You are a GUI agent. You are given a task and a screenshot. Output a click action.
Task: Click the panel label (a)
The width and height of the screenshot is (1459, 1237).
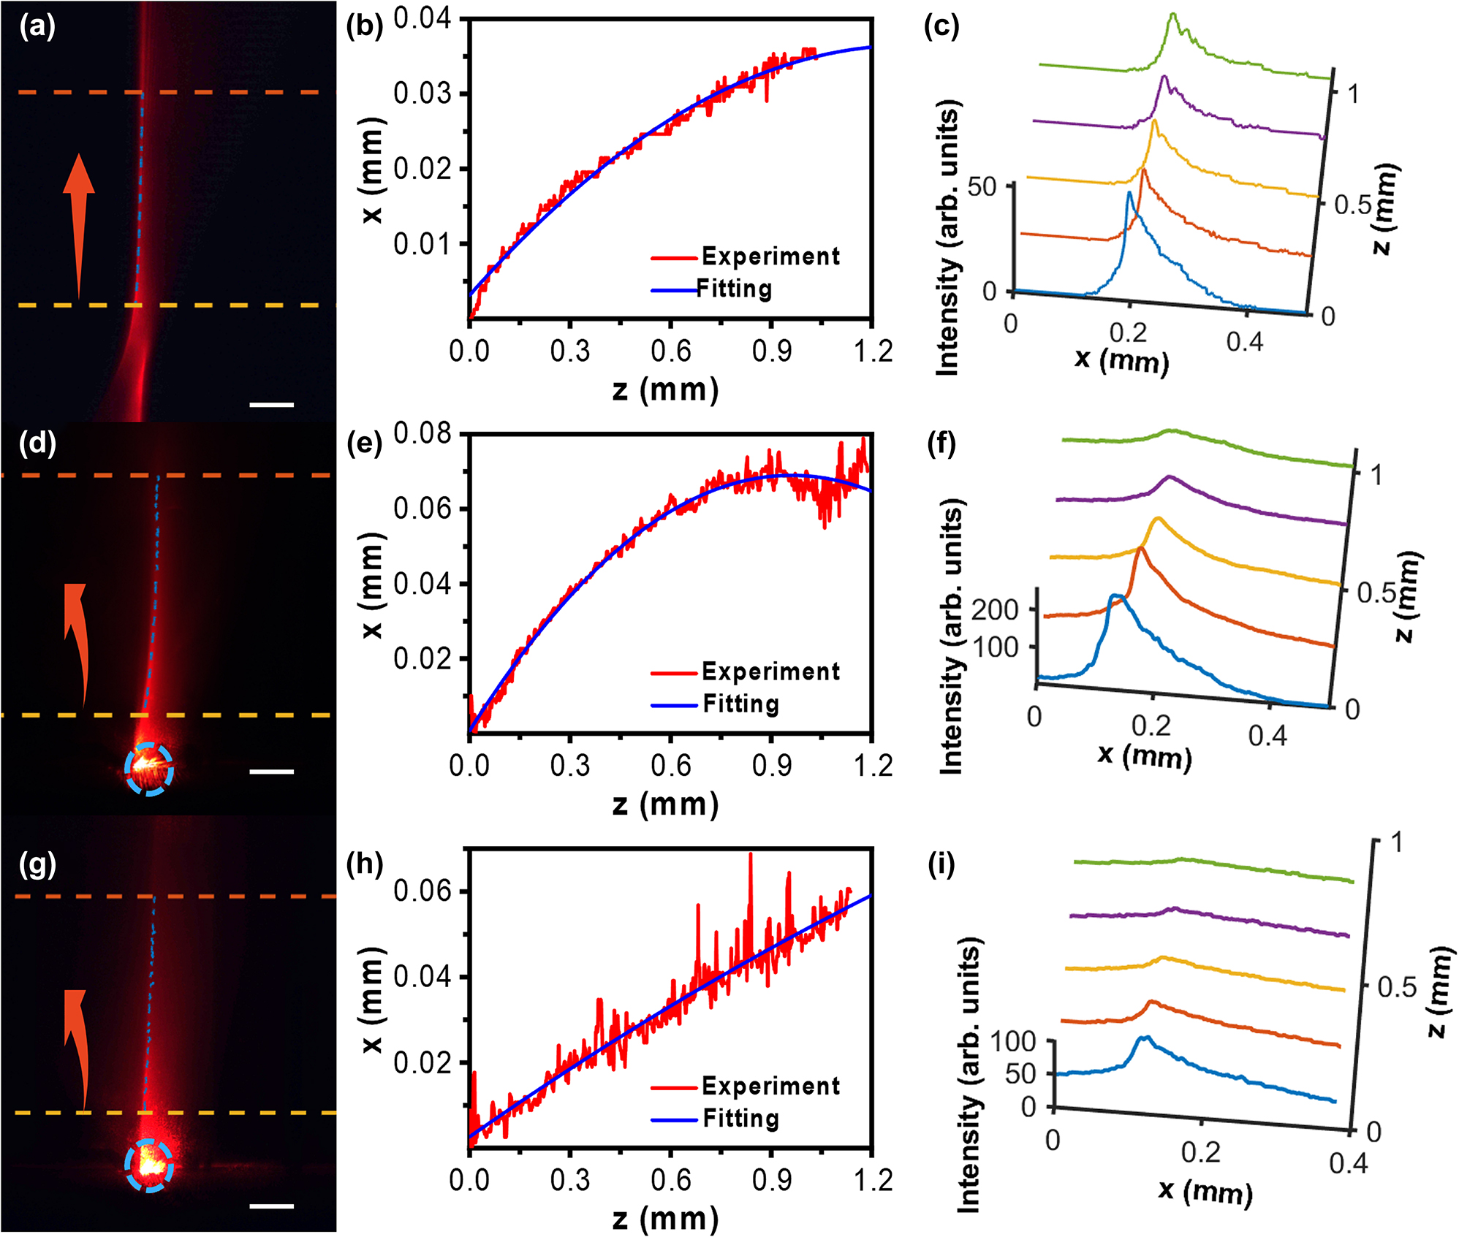pyautogui.click(x=37, y=27)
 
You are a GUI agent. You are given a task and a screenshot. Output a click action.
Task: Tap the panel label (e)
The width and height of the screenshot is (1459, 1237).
pyautogui.click(x=364, y=444)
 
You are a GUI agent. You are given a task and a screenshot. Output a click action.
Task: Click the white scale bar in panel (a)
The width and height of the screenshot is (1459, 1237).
pyautogui.click(x=271, y=404)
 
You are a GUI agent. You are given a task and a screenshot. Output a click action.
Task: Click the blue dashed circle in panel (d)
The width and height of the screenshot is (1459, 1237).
pyautogui.click(x=149, y=769)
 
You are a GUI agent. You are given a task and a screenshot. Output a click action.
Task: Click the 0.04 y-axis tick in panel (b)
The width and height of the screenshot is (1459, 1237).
pyautogui.click(x=422, y=18)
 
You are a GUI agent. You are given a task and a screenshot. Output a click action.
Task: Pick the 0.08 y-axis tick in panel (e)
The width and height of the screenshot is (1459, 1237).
pyautogui.click(x=422, y=433)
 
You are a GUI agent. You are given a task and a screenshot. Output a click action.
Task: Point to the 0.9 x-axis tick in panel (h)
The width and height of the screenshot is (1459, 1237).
pyautogui.click(x=771, y=1179)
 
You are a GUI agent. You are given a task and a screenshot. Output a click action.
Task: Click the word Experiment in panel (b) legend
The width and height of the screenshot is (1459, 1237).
pyautogui.click(x=770, y=256)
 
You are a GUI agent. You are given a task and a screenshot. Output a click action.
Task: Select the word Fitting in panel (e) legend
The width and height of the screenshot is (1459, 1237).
pyautogui.click(x=740, y=704)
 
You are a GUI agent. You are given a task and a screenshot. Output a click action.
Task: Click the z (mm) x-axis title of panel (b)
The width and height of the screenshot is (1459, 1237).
pyautogui.click(x=665, y=389)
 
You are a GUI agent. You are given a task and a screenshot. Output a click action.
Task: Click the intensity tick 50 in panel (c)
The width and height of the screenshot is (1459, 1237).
pyautogui.click(x=982, y=187)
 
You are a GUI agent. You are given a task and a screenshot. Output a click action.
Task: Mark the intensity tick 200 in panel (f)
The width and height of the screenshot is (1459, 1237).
pyautogui.click(x=994, y=609)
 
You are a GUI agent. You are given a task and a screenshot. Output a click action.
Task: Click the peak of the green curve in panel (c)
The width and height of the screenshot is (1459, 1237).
pyautogui.click(x=1172, y=15)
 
